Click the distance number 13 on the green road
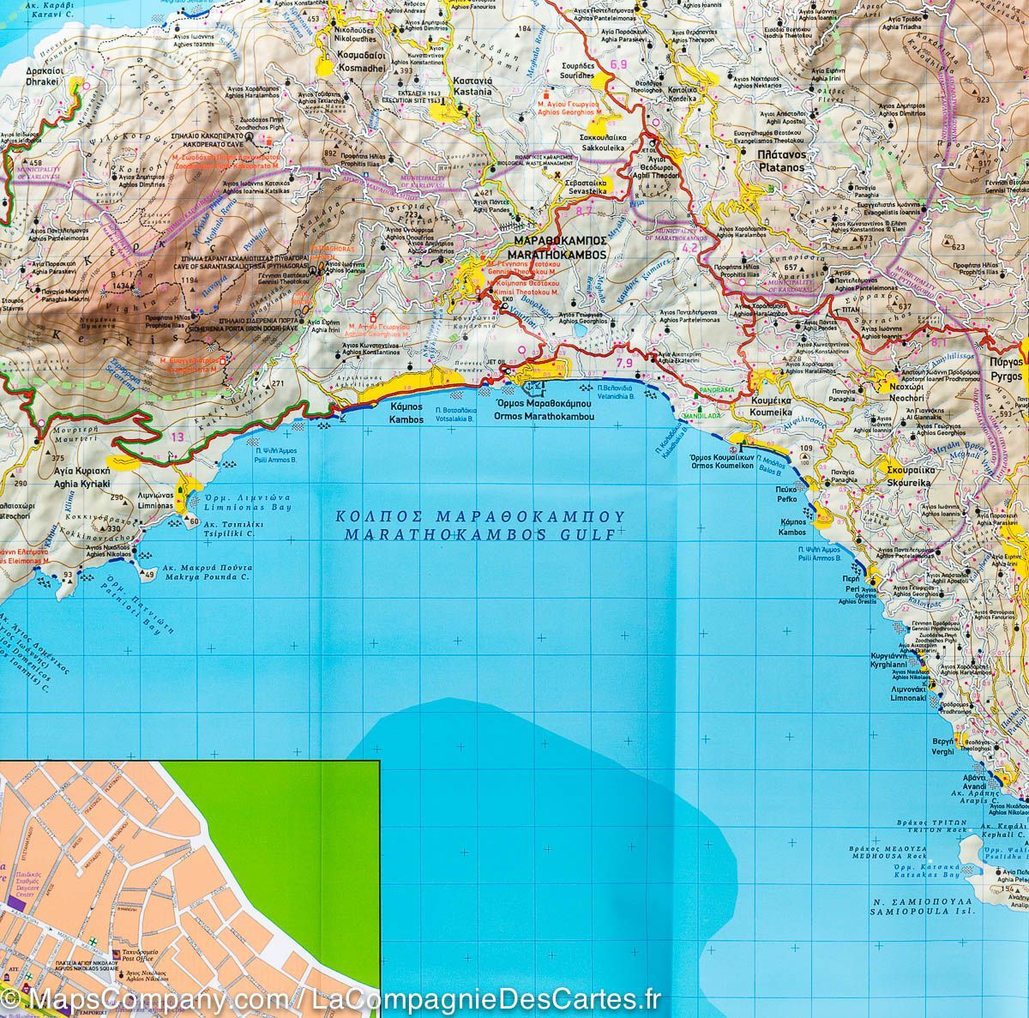click(178, 437)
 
